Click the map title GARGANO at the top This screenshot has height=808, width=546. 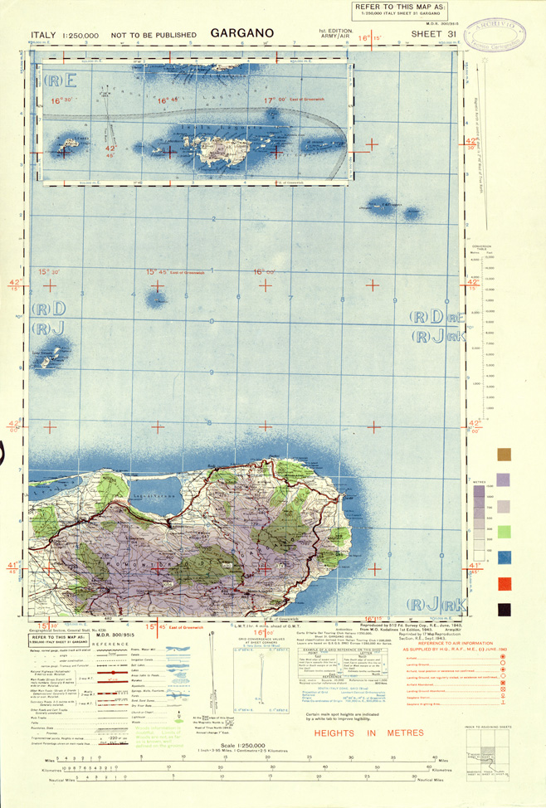coord(241,34)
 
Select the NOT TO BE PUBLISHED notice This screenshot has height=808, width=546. coord(156,36)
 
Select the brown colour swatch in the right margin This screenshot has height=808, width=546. coord(503,455)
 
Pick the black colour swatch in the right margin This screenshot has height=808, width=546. coord(503,610)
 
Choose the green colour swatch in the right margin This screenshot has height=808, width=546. coord(503,532)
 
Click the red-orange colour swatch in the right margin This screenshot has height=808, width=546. coord(503,584)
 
